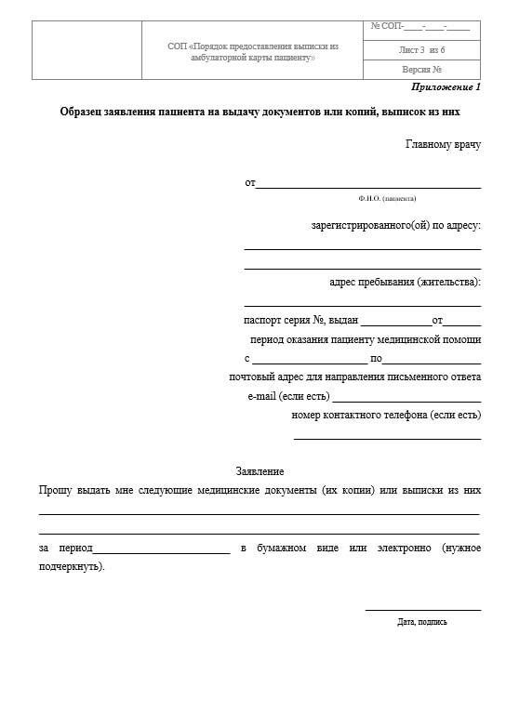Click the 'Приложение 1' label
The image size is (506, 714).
(x=446, y=87)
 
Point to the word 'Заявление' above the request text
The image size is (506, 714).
(x=260, y=472)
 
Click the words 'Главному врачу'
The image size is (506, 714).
(x=443, y=144)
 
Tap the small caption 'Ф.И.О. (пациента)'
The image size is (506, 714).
(x=387, y=198)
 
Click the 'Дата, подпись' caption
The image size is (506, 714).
(x=421, y=621)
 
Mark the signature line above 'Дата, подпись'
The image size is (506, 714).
(x=422, y=610)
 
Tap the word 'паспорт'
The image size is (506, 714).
(x=262, y=320)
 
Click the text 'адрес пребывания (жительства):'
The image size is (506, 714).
(x=405, y=282)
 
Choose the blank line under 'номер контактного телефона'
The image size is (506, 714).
(x=387, y=438)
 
